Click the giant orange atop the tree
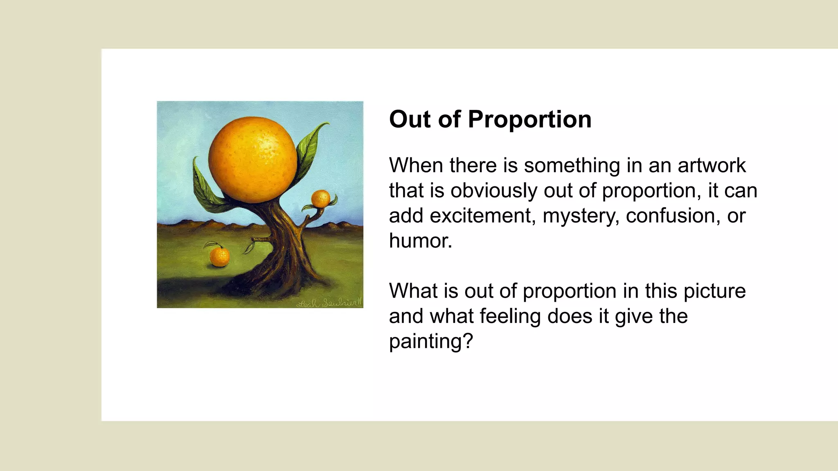coord(252,160)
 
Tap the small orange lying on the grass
coord(220,256)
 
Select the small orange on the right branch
coord(320,199)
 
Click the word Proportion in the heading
coord(529,119)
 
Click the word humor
coord(420,240)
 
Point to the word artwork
coord(712,165)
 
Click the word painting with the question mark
coord(430,341)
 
